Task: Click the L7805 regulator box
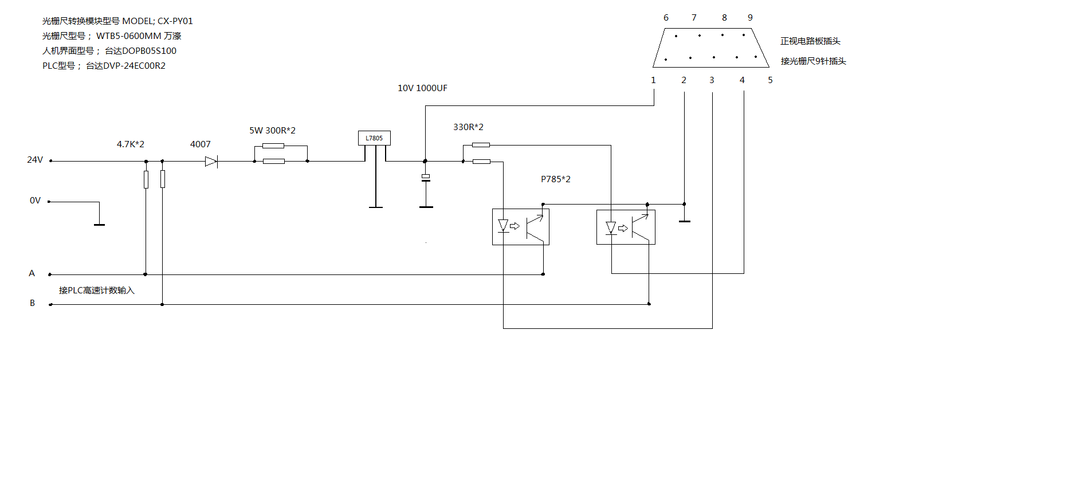point(374,138)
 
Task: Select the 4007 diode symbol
point(211,162)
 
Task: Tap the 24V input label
point(35,160)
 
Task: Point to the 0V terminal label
point(36,201)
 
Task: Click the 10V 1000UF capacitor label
point(422,88)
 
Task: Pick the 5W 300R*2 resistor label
point(272,131)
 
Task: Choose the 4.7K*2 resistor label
point(131,144)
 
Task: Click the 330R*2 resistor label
point(468,127)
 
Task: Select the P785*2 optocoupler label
point(555,179)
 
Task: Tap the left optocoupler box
point(520,227)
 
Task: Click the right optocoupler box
point(625,227)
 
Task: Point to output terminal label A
point(32,273)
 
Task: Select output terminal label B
point(33,303)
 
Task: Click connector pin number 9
point(750,18)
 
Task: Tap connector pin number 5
point(770,80)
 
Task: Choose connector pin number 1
point(653,80)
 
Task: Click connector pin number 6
point(666,18)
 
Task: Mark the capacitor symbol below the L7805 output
point(426,178)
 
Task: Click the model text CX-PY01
point(175,21)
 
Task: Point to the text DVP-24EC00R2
point(134,66)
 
